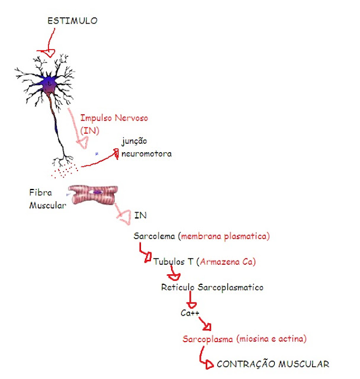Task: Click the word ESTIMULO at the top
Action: click(72, 21)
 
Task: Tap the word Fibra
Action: click(41, 192)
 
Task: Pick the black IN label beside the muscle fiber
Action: click(140, 215)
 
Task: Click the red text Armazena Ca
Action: click(228, 261)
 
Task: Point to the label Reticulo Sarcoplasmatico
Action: click(212, 287)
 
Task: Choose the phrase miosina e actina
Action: click(271, 339)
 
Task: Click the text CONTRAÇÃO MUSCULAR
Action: click(272, 364)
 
